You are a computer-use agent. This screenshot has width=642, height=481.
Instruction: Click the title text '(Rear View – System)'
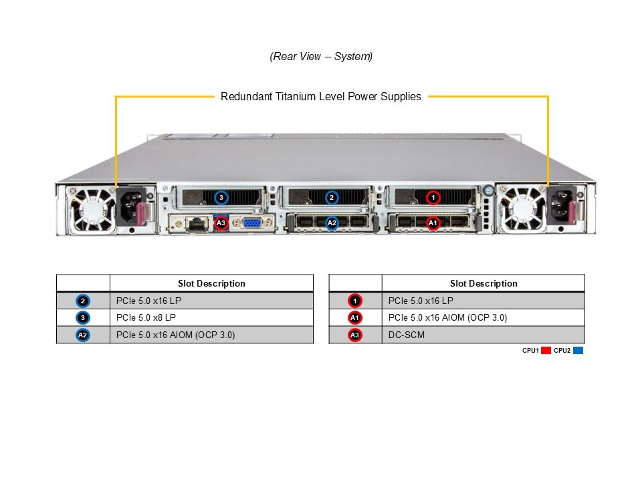(321, 57)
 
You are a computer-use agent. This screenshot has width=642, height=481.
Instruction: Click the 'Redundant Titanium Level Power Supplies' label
(321, 97)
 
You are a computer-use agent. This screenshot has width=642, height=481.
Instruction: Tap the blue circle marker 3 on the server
(222, 198)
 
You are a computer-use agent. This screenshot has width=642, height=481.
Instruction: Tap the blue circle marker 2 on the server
(332, 198)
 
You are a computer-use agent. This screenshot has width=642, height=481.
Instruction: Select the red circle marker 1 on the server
(433, 198)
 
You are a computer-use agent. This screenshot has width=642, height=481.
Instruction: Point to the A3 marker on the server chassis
(221, 222)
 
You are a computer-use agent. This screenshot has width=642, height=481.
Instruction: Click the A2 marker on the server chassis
(332, 222)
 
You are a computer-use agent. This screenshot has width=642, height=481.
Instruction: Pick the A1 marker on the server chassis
(433, 222)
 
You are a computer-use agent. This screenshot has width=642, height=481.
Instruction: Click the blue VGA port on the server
(253, 223)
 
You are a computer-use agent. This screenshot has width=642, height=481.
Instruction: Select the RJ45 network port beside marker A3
(197, 224)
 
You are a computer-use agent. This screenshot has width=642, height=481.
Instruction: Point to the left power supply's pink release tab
(144, 214)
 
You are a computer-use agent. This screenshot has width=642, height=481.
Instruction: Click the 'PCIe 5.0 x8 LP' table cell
(211, 318)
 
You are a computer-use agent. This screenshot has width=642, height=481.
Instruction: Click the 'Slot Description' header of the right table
(483, 283)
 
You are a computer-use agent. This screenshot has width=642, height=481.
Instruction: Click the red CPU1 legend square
(546, 350)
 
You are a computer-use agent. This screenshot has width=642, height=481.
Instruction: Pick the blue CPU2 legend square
(578, 350)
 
